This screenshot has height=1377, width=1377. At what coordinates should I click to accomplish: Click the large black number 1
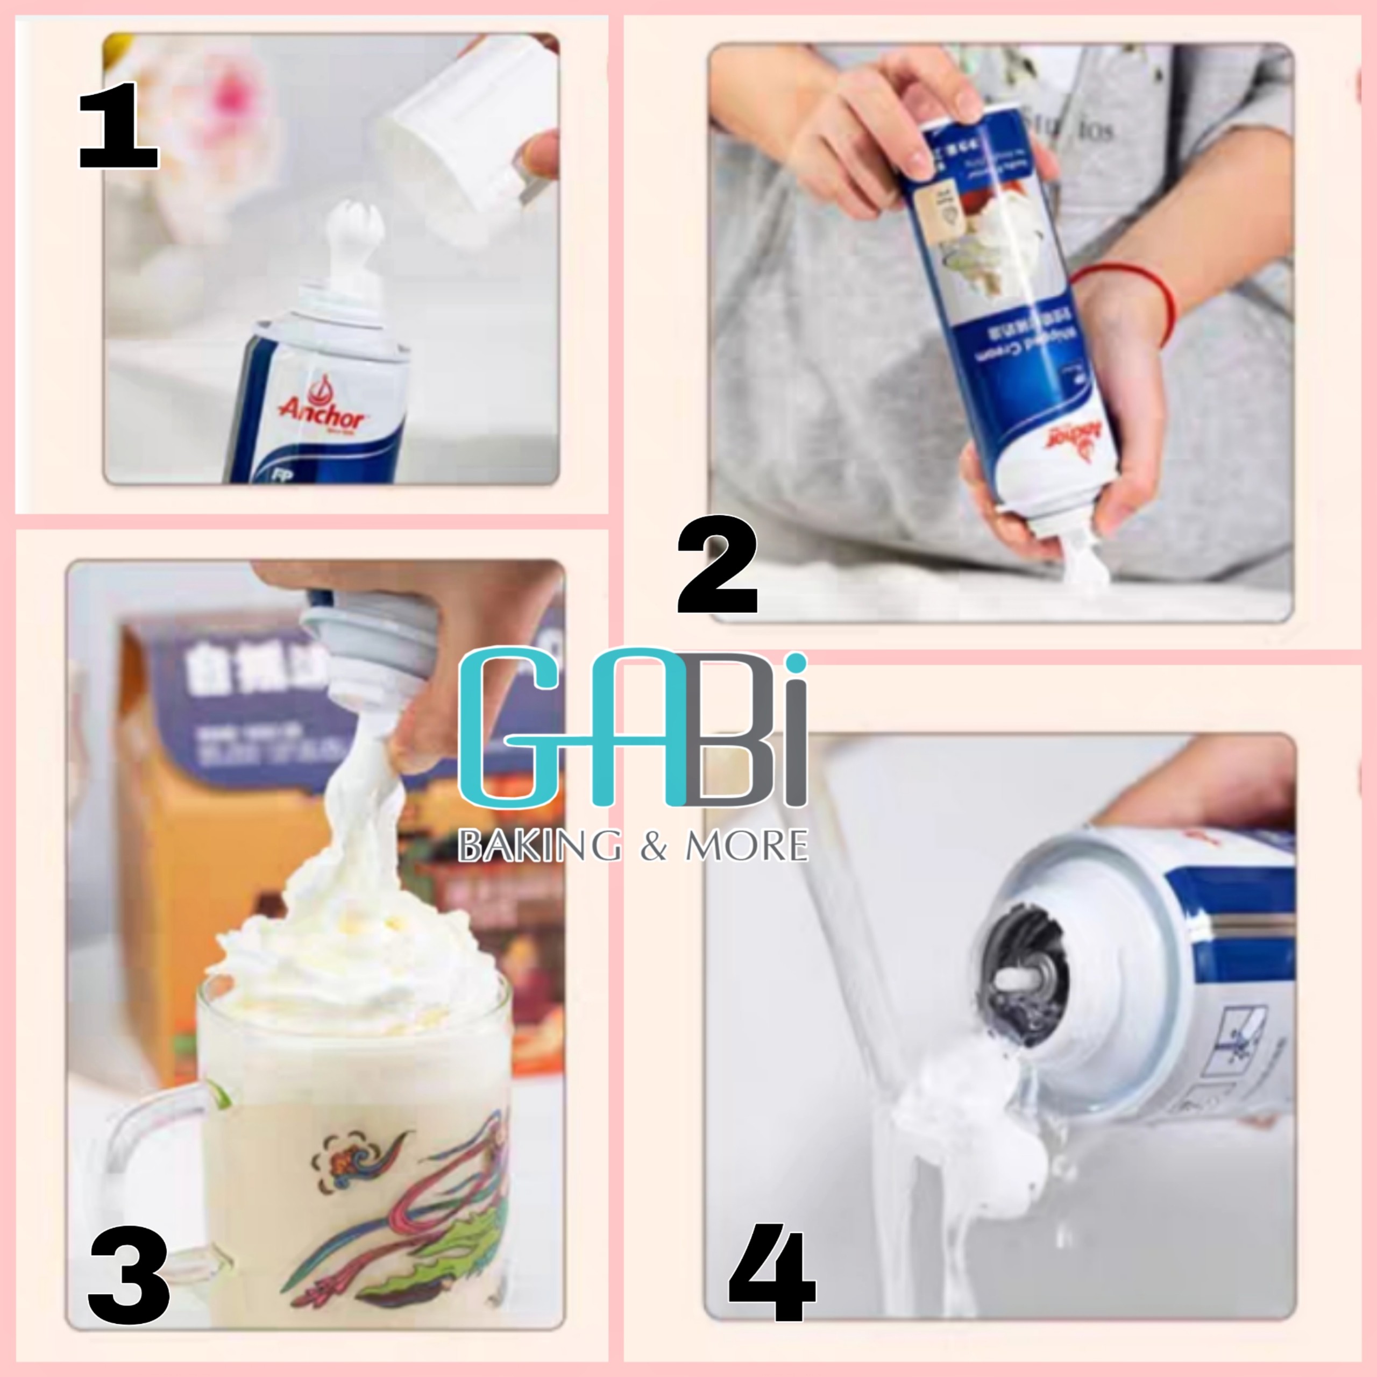click(x=118, y=126)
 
